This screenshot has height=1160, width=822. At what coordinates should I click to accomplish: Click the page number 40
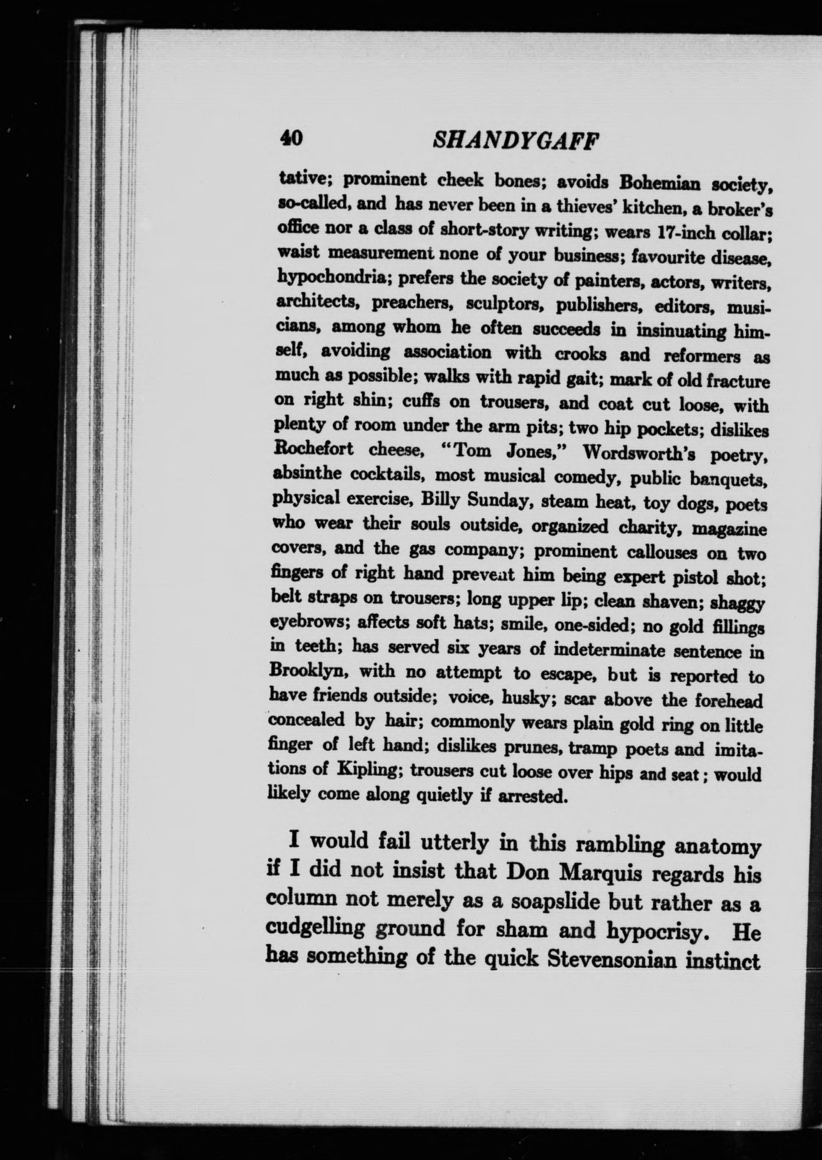[291, 137]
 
